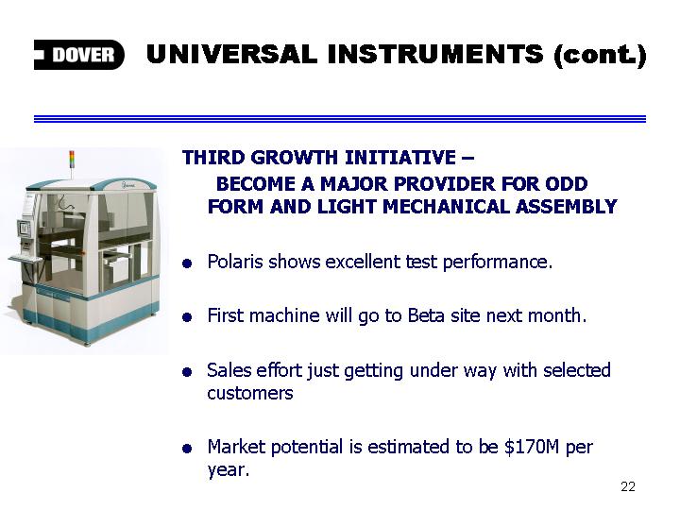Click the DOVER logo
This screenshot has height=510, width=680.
[79, 55]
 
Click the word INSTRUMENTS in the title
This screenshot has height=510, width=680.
[435, 54]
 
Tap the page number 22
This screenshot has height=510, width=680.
[628, 486]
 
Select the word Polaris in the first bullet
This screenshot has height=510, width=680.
[235, 262]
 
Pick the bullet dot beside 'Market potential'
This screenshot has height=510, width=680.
[187, 449]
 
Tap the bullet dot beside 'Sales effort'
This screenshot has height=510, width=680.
[187, 372]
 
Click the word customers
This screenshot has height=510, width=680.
[250, 393]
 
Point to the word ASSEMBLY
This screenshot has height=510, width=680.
[567, 207]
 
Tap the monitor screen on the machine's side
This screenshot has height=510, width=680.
[25, 229]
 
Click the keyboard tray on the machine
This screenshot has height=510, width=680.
[25, 259]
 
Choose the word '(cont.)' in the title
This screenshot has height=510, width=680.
[601, 55]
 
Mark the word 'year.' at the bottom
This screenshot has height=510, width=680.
[229, 469]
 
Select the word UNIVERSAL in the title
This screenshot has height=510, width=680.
[231, 54]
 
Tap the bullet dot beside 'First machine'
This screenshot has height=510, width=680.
[187, 317]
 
